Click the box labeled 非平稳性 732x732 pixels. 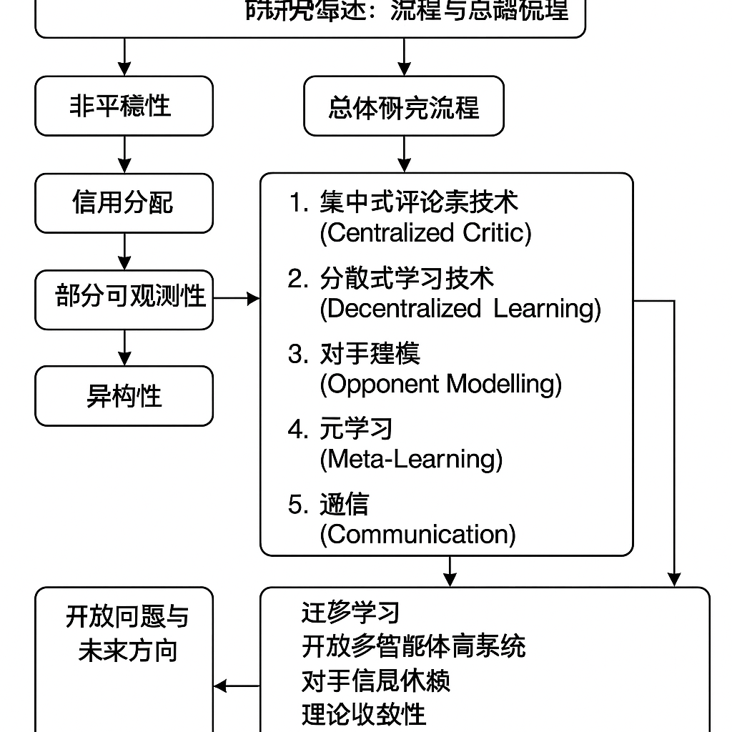coord(124,106)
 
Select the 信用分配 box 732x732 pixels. coord(124,202)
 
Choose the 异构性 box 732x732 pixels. coord(124,395)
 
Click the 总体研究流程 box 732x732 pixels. coord(403,107)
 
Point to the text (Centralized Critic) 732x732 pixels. coord(425,233)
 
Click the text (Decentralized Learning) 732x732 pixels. coord(460,308)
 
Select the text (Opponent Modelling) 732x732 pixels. coord(440,384)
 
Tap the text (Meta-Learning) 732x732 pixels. coord(410,458)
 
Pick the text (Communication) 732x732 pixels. coord(417,534)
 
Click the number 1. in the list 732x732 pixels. coord(298,203)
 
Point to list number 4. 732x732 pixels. coord(298,429)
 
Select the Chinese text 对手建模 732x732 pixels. coord(370,354)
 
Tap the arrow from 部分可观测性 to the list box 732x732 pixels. coord(237,298)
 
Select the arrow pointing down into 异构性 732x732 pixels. coord(124,347)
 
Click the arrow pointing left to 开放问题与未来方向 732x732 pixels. coord(237,686)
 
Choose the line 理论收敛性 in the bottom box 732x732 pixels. coord(364,713)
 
